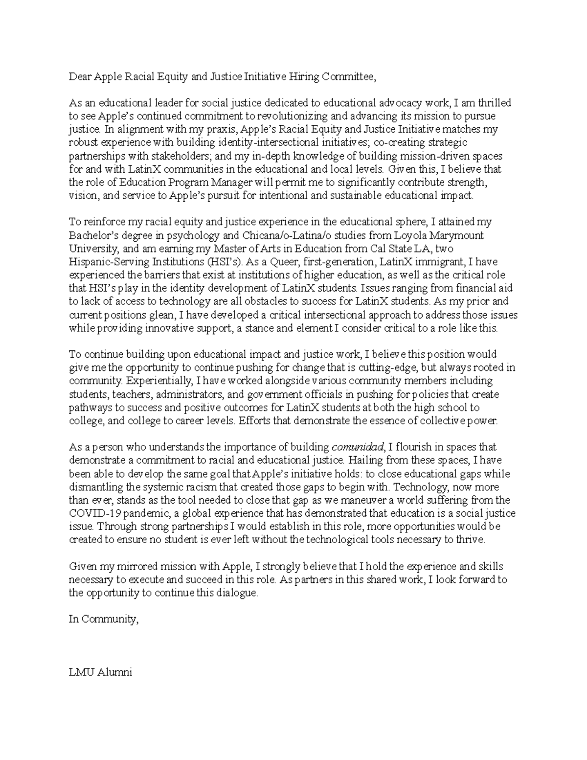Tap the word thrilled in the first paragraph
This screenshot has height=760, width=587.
(x=495, y=103)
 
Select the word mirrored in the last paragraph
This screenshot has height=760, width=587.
(x=145, y=567)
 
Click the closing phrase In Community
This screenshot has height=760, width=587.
(x=104, y=619)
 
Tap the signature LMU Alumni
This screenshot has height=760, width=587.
(x=101, y=672)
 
